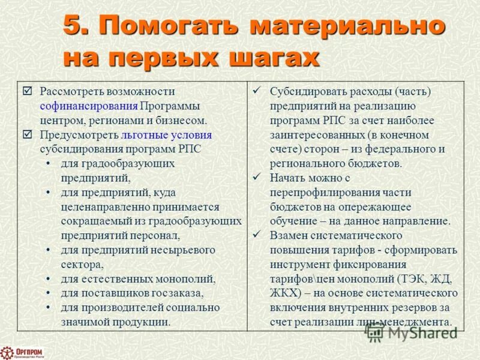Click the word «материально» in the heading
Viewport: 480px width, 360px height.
tap(347, 26)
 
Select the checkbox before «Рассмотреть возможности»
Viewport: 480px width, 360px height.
tap(27, 91)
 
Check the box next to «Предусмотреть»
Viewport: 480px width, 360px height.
tap(27, 135)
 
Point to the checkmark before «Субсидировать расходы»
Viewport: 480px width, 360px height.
tap(256, 91)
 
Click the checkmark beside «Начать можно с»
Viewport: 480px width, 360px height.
tap(256, 178)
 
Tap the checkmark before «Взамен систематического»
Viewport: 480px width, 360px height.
tap(256, 235)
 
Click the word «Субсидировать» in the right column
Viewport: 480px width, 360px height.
tap(306, 92)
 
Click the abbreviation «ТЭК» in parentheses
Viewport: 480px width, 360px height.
tap(410, 278)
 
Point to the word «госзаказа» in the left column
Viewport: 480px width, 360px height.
tap(179, 293)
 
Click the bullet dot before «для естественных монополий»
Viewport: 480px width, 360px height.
tap(48, 279)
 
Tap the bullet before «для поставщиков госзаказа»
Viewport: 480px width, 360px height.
tap(48, 293)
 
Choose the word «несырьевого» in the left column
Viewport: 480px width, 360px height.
tap(181, 250)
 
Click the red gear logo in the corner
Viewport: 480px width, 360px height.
tap(7, 352)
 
